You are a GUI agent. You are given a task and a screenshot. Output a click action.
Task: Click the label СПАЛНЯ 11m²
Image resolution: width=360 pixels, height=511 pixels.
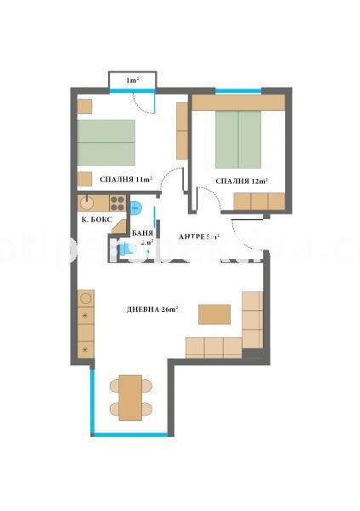[x=126, y=181]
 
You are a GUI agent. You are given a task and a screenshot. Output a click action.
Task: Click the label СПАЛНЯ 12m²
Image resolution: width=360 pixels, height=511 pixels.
[x=242, y=181]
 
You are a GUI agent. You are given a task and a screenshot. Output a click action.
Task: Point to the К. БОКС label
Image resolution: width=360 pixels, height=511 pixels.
[x=97, y=219]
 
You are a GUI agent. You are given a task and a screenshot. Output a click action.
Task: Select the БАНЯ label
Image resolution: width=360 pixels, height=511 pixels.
[x=142, y=232]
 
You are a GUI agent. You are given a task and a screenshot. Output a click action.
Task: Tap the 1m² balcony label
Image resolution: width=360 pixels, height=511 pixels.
[x=131, y=81]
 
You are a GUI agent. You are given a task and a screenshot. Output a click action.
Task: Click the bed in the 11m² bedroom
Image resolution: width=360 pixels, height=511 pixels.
[x=106, y=141]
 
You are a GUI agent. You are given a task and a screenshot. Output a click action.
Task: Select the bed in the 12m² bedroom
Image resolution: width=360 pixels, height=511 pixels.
[x=237, y=139]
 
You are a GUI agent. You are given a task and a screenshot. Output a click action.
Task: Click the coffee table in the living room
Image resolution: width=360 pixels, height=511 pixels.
[x=214, y=313]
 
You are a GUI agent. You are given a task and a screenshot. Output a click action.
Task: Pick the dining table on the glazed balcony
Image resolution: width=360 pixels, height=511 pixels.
[x=129, y=397]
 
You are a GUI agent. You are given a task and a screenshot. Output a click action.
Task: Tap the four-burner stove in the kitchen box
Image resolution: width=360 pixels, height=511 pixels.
[x=118, y=204]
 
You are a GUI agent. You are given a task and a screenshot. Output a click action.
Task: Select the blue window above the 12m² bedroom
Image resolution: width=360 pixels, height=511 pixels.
[x=237, y=90]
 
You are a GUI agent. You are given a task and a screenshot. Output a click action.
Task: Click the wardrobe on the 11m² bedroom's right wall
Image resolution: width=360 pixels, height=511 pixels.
[x=181, y=130]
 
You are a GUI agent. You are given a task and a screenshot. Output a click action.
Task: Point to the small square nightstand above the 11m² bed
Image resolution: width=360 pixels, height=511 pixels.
[x=84, y=106]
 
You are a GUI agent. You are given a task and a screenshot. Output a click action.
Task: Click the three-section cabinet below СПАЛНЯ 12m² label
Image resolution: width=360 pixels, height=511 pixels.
[x=259, y=201]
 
